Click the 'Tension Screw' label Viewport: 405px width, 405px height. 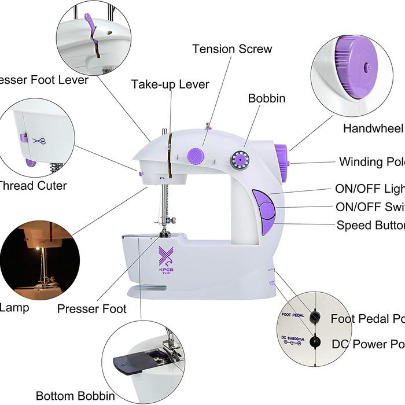coord(232,49)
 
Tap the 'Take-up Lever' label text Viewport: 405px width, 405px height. coord(170,84)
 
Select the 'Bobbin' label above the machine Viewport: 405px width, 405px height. coord(267,98)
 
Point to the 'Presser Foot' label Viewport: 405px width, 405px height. coord(91,308)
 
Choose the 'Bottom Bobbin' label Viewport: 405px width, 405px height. coord(75,396)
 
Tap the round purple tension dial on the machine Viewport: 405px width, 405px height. coord(195,156)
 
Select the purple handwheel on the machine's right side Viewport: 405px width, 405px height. coord(281,163)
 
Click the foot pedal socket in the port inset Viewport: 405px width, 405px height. coord(315,316)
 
